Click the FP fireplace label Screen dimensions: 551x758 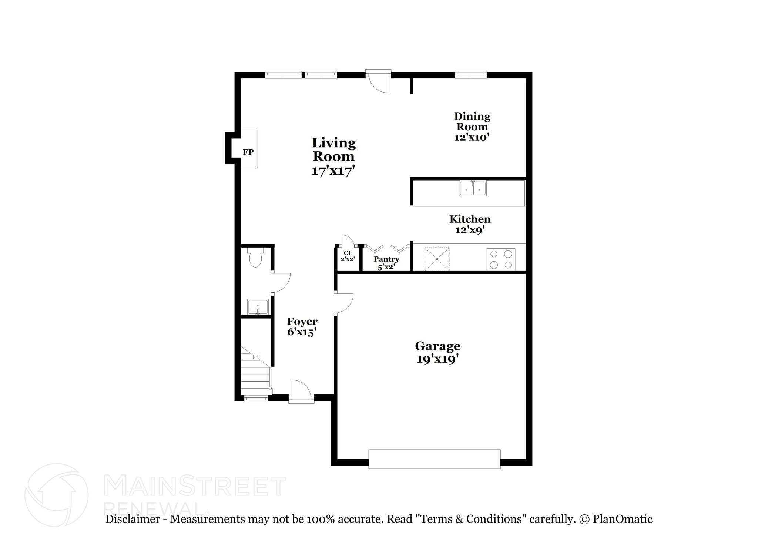click(x=248, y=152)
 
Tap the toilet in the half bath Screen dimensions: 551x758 click(x=255, y=258)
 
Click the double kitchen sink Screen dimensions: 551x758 click(x=473, y=188)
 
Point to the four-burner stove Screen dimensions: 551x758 click(x=501, y=259)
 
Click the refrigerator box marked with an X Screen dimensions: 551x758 click(x=437, y=259)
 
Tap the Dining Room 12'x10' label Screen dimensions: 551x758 click(x=472, y=127)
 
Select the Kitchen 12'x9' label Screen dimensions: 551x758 click(x=470, y=224)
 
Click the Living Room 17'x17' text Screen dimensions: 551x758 click(x=333, y=157)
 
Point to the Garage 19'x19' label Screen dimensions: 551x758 click(x=437, y=352)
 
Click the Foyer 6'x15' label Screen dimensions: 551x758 click(x=302, y=326)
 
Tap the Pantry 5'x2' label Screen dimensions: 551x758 click(x=386, y=262)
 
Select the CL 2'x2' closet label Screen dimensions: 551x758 click(x=348, y=256)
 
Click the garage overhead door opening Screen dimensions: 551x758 click(x=434, y=459)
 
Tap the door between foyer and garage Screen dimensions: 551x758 click(x=343, y=304)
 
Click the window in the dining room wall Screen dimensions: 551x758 click(x=470, y=75)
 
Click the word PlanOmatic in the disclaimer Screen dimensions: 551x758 click(x=622, y=519)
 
